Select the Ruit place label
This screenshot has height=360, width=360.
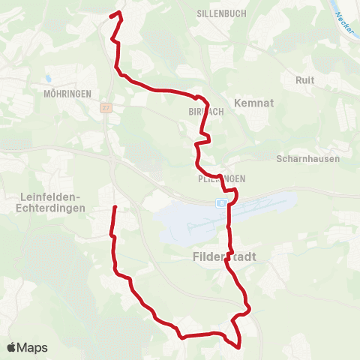coord(305,80)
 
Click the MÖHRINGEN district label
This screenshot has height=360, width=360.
coord(67,94)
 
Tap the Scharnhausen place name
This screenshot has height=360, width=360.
coord(308,159)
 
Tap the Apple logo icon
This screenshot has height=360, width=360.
coord(12,347)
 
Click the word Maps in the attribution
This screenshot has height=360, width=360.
coord(33,348)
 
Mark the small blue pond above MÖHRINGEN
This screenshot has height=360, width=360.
coord(48,77)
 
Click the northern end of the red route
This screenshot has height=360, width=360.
coord(111,16)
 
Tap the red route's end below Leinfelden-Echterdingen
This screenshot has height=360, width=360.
coord(115,207)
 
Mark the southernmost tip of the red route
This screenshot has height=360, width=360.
coord(238,347)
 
